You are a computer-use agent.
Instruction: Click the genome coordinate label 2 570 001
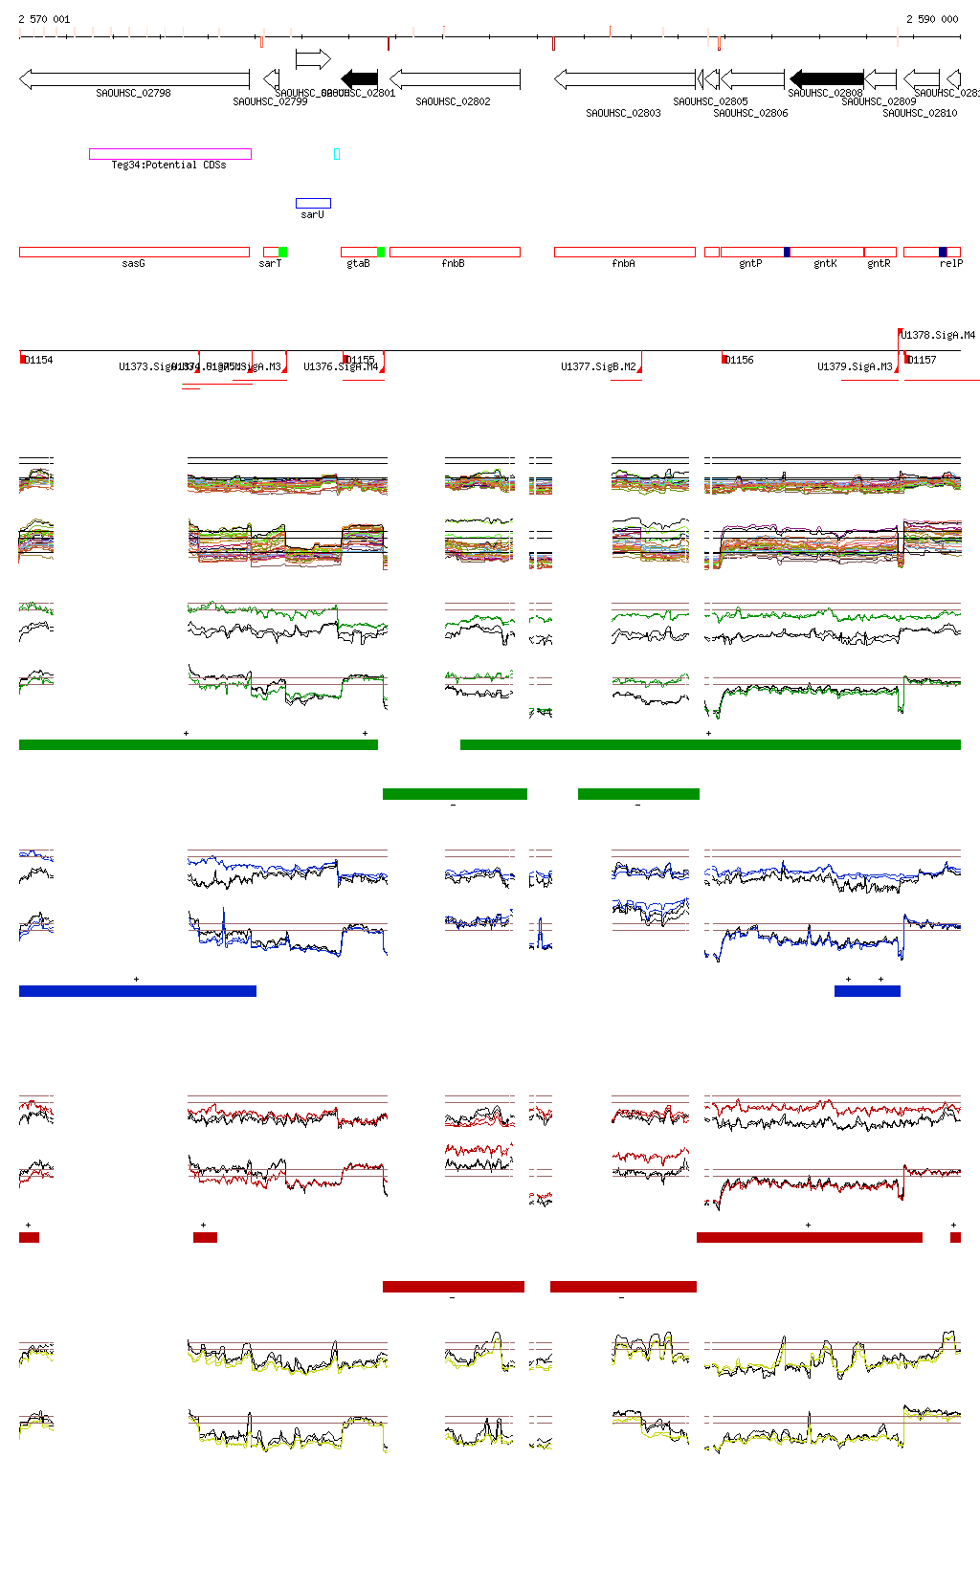click(x=44, y=19)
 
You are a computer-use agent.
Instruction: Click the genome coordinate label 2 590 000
click(x=931, y=19)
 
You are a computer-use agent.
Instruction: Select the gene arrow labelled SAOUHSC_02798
click(x=134, y=79)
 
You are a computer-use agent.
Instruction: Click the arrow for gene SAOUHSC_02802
click(x=455, y=78)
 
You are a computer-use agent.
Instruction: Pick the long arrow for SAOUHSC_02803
click(x=624, y=78)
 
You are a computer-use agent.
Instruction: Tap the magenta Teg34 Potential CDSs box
click(x=170, y=154)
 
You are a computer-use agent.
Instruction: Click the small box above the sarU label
click(x=313, y=203)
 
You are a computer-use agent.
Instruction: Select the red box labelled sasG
click(x=134, y=253)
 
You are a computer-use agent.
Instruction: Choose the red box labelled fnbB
click(x=455, y=253)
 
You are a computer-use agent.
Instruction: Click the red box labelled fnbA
click(x=624, y=253)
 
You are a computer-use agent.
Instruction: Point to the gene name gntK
click(x=825, y=264)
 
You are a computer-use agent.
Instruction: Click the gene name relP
click(x=950, y=264)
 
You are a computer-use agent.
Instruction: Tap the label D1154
click(x=39, y=361)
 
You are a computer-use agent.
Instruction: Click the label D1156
click(x=739, y=361)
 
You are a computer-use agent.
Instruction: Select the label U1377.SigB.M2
click(x=598, y=367)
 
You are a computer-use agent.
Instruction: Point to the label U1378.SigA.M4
click(x=938, y=336)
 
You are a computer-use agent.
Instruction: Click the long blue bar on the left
click(x=138, y=991)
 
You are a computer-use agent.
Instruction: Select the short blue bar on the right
click(x=867, y=991)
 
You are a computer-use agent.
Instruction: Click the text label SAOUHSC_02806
click(x=750, y=114)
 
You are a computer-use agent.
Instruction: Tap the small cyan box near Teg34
click(x=337, y=154)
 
